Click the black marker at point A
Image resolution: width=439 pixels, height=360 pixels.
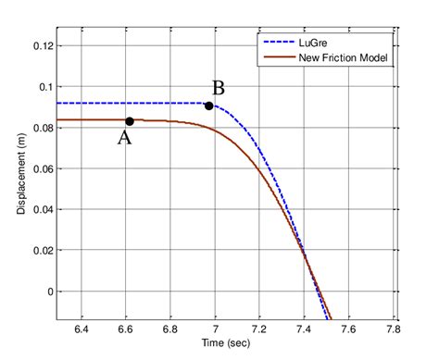click(130, 121)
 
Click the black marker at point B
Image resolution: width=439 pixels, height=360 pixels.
click(209, 106)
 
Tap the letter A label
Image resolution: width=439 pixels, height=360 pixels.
click(123, 139)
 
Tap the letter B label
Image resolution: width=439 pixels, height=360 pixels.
click(219, 89)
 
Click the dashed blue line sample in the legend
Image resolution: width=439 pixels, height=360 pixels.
click(276, 43)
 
